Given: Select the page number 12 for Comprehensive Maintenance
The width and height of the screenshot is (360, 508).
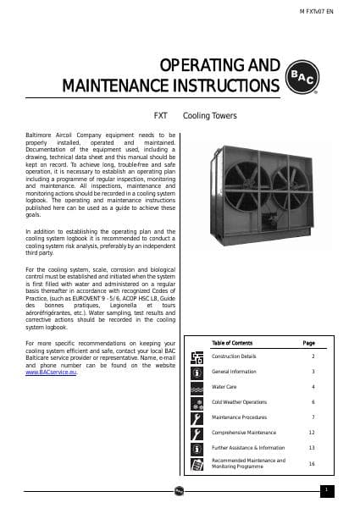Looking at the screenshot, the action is pos(311,432).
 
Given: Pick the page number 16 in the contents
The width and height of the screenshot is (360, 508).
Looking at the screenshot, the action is pos(311,463).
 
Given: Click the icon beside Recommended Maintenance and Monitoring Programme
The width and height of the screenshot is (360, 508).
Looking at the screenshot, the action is pos(197,463).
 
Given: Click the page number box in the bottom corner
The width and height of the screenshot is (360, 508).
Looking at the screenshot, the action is pos(326,489).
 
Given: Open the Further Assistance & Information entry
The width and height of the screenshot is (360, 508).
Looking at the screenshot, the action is pos(247,447).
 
